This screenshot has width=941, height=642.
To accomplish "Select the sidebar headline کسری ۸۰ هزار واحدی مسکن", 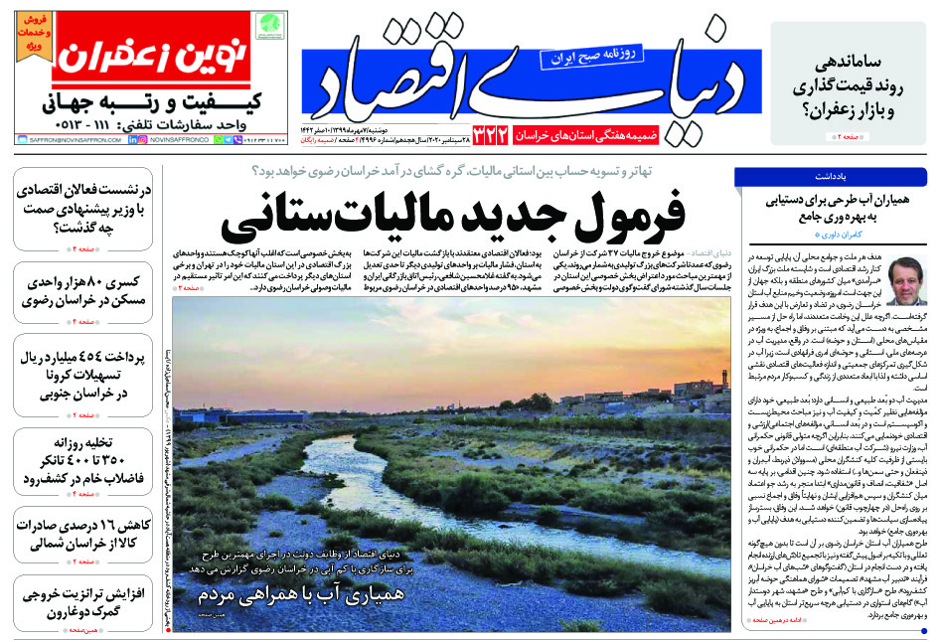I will [81, 291].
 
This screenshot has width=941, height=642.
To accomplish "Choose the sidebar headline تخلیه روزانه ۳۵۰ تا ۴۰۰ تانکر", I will [81, 458].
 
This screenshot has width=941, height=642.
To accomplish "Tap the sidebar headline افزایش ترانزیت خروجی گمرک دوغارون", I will [81, 602].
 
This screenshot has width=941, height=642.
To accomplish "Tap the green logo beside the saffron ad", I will [268, 28].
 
